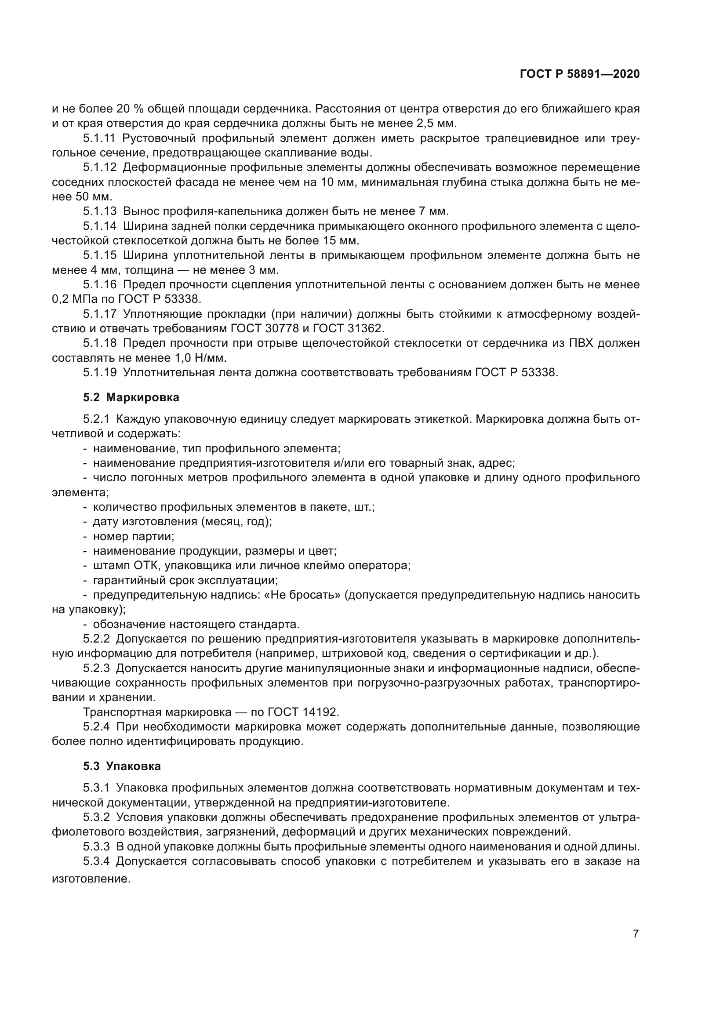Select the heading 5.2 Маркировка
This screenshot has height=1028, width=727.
[131, 397]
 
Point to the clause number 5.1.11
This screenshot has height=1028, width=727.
[99, 138]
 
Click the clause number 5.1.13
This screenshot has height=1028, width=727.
[99, 211]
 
